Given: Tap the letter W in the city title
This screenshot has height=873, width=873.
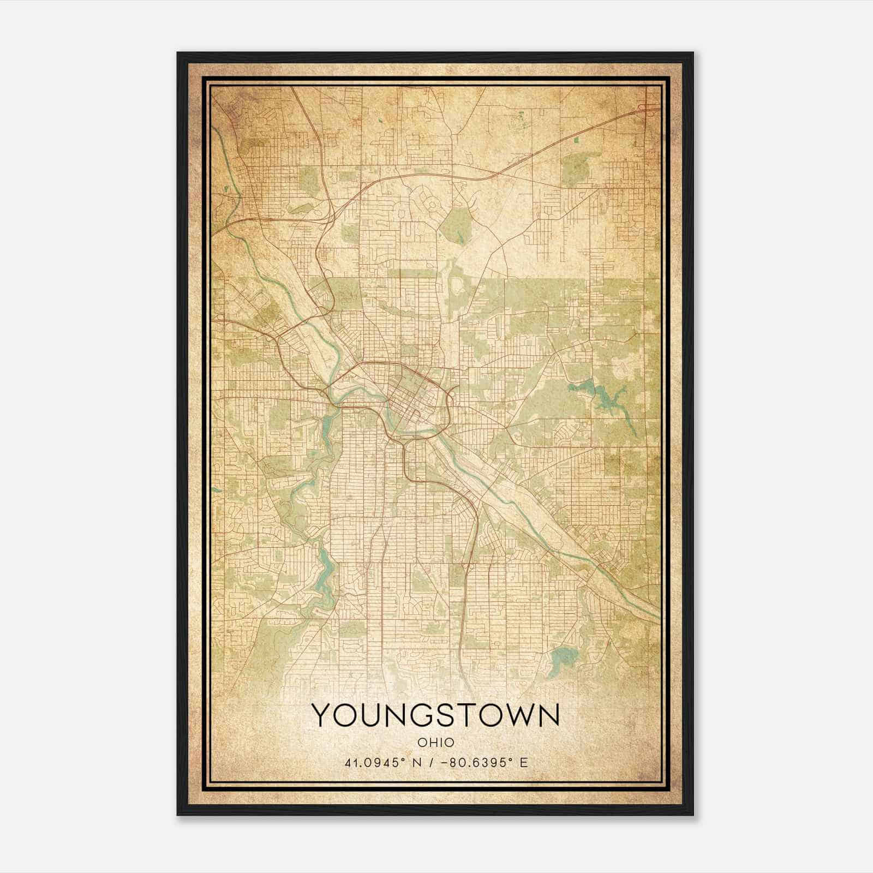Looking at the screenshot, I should pyautogui.click(x=517, y=715).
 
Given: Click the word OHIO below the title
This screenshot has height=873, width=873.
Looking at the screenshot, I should pyautogui.click(x=436, y=742).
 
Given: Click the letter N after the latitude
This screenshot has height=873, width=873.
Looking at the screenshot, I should pyautogui.click(x=417, y=763).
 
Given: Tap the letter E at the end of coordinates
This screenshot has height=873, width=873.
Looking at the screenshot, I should pyautogui.click(x=524, y=763).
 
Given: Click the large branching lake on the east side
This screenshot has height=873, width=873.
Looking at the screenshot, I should pyautogui.click(x=606, y=401).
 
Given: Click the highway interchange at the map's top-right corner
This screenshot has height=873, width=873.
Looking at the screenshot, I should pyautogui.click(x=650, y=107).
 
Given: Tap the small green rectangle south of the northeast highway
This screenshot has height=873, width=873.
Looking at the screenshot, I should pyautogui.click(x=577, y=141).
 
